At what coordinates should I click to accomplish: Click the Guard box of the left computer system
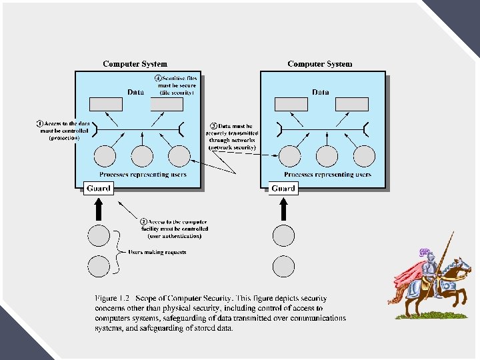click(98, 189)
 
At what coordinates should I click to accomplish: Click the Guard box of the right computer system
click(283, 189)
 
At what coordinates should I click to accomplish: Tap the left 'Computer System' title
click(135, 64)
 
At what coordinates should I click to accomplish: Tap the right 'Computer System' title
click(320, 64)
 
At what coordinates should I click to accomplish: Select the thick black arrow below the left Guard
click(99, 209)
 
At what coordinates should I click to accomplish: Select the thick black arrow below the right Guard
click(283, 209)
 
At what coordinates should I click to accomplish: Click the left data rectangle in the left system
click(106, 104)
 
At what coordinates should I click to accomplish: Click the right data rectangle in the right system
click(352, 104)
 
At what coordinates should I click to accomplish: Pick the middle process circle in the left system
click(142, 156)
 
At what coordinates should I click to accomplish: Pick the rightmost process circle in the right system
click(363, 156)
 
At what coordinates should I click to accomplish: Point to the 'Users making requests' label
click(157, 252)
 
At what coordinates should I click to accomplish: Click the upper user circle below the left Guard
click(99, 236)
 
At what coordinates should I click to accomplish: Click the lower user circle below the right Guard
click(283, 266)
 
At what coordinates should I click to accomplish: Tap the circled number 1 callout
click(40, 123)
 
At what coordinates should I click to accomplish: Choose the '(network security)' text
click(232, 147)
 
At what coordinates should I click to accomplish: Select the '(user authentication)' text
click(174, 236)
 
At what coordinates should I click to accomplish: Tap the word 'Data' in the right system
click(320, 92)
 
